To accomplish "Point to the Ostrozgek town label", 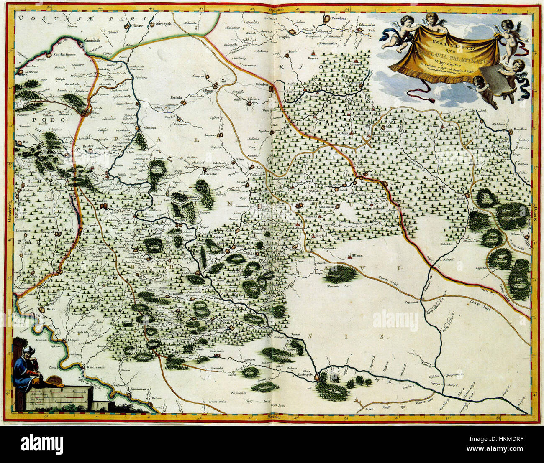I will coord(164,24).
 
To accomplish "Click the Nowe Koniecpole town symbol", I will coord(317,377).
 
